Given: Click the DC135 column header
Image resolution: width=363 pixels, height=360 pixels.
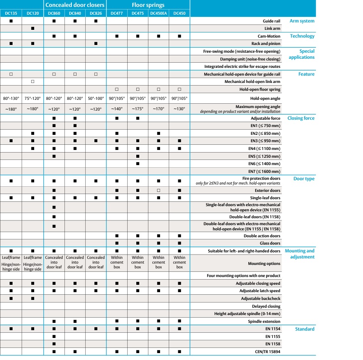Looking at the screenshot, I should (x=11, y=13).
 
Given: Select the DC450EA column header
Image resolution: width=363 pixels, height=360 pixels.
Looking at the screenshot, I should (x=159, y=13).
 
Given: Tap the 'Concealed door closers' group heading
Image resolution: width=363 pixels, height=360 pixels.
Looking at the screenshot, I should (x=75, y=5).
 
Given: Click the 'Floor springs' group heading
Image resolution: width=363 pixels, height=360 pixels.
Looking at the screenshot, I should (x=148, y=5).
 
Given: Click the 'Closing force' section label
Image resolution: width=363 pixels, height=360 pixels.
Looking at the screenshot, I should (x=301, y=118).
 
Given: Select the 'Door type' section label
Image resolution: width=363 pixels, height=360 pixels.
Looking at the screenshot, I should (x=304, y=179).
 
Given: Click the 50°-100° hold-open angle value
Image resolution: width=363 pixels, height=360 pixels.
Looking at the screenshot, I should (x=96, y=98).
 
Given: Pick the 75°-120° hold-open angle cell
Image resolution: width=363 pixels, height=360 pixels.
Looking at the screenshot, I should (x=32, y=98).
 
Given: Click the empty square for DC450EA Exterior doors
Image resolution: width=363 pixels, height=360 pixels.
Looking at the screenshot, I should (x=159, y=190).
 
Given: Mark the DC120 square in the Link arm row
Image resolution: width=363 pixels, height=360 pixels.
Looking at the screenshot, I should (x=32, y=29).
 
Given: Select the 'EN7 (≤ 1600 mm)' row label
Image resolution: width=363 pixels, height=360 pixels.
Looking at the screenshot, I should (x=263, y=172).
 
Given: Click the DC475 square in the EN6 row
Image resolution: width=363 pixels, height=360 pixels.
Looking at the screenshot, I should (x=138, y=164).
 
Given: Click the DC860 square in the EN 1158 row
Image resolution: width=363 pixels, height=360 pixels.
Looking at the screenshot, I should (x=54, y=344).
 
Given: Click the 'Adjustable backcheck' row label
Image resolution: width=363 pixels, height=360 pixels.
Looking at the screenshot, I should (x=261, y=299).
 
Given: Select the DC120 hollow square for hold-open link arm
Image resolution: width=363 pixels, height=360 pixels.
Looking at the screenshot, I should (x=32, y=82).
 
